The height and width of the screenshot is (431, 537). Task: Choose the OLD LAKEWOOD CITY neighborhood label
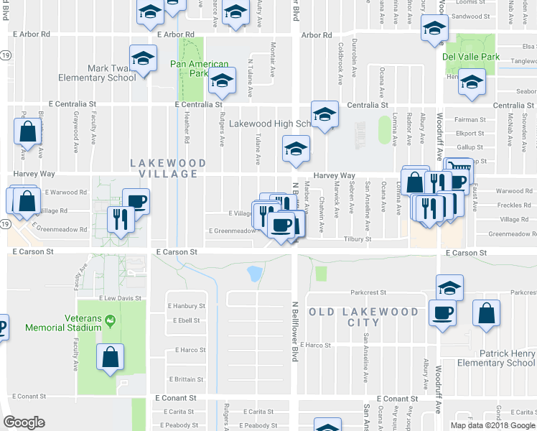[363, 317]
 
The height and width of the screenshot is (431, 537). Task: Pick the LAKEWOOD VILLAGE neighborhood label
[164, 168]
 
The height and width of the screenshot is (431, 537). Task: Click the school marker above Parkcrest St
[450, 287]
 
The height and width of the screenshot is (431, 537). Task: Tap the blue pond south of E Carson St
[254, 273]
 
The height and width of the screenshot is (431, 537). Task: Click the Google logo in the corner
[24, 422]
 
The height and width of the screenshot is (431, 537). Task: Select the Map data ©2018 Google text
[492, 425]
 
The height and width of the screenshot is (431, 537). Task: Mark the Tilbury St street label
[356, 238]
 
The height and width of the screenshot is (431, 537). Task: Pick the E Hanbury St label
[188, 306]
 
